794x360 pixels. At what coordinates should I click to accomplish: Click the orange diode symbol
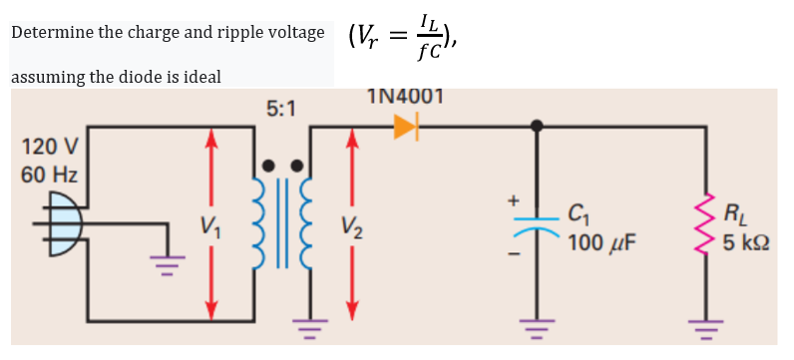click(x=405, y=126)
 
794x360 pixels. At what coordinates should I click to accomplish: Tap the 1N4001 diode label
click(x=405, y=98)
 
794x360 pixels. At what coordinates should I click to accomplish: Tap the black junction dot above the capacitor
click(x=537, y=126)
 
